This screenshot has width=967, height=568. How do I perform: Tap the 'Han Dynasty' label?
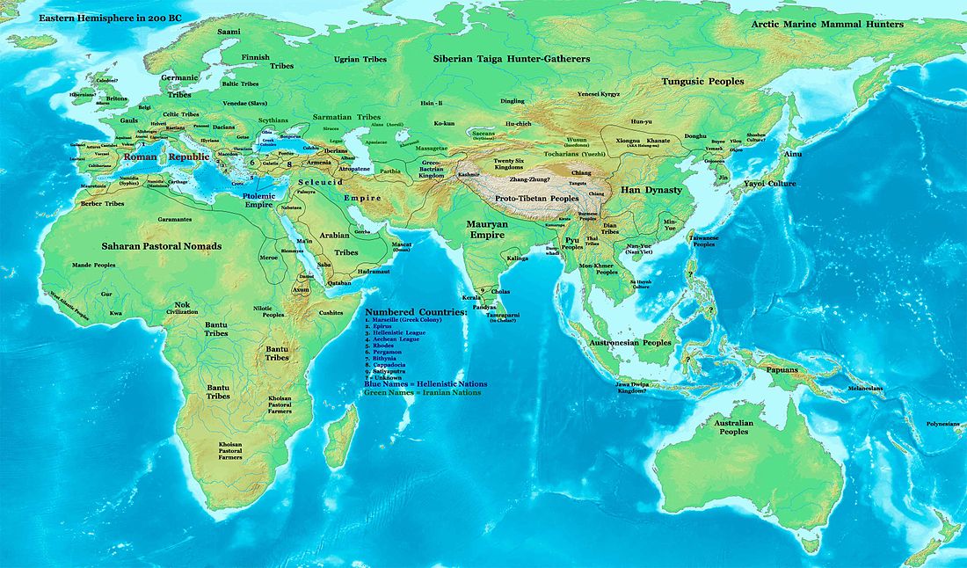point(651,189)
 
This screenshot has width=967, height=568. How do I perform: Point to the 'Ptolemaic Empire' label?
point(246,199)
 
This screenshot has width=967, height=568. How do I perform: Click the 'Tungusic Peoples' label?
point(702,81)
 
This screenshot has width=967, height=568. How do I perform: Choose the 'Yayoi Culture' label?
point(769,184)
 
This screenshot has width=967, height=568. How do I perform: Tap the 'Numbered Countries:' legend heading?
point(417,313)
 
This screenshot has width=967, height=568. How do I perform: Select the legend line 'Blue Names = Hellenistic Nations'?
point(425,384)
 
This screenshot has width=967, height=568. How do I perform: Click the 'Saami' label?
point(228,32)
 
